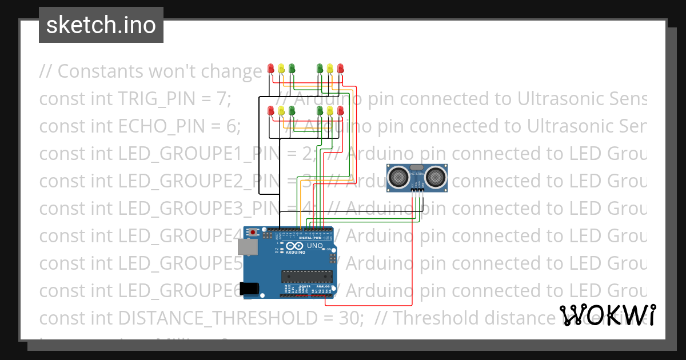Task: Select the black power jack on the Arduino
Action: pos(249,288)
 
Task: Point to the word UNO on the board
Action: pos(316,246)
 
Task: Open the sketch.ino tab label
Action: pos(101,25)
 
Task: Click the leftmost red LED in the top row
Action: pos(271,68)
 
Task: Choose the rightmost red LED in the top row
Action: pos(341,68)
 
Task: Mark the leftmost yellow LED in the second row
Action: pos(281,110)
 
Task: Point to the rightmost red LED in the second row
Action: pos(341,110)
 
